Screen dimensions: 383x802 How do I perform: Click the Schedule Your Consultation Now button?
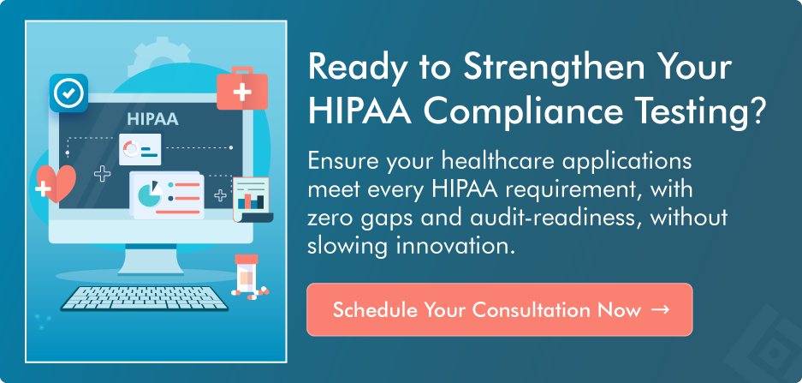tap(499, 309)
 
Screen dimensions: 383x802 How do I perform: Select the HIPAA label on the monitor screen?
tap(151, 119)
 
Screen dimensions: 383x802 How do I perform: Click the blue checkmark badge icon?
tap(69, 93)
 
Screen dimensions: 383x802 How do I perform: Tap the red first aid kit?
tap(242, 89)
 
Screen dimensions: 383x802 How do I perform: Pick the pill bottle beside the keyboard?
tap(245, 277)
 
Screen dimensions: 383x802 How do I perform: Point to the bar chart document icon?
tap(251, 198)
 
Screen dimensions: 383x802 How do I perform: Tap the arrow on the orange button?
tap(659, 309)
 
